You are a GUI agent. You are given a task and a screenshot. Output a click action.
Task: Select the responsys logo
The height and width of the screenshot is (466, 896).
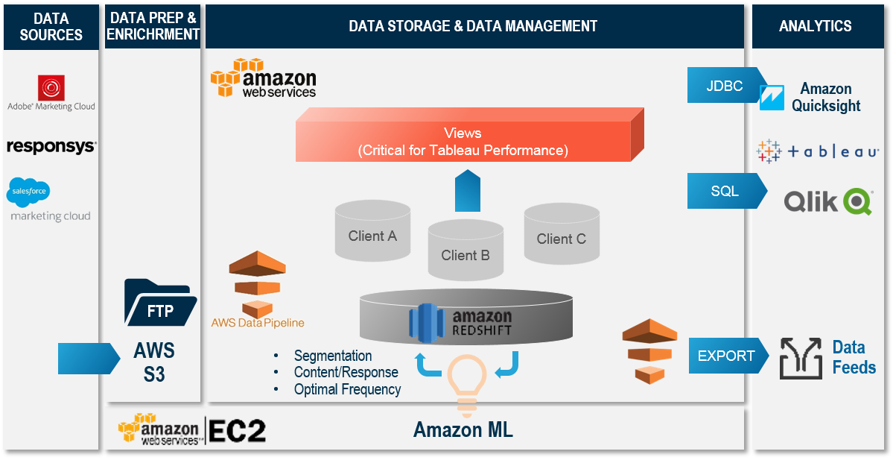51,146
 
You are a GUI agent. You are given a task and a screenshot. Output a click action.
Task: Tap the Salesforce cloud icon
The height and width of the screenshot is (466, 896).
28,192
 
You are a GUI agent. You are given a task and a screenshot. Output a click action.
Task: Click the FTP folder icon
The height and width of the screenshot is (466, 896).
159,303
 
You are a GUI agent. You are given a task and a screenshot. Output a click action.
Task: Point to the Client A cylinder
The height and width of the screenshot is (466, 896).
372,232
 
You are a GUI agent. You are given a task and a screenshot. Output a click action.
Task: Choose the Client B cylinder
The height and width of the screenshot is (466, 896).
465,251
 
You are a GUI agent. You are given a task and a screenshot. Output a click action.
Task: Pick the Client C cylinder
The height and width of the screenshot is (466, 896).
561,235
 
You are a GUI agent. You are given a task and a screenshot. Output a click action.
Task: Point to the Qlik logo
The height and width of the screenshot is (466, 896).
827,201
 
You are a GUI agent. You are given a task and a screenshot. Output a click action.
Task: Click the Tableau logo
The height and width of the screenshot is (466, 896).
817,151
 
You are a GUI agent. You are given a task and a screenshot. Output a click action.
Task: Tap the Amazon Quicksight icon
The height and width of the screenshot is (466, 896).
772,97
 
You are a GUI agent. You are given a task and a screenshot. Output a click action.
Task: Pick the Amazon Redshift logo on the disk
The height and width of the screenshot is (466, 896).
461,321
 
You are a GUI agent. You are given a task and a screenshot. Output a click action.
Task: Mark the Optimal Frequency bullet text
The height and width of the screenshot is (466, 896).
347,389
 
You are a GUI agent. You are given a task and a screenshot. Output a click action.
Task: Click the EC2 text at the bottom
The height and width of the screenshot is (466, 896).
237,431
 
